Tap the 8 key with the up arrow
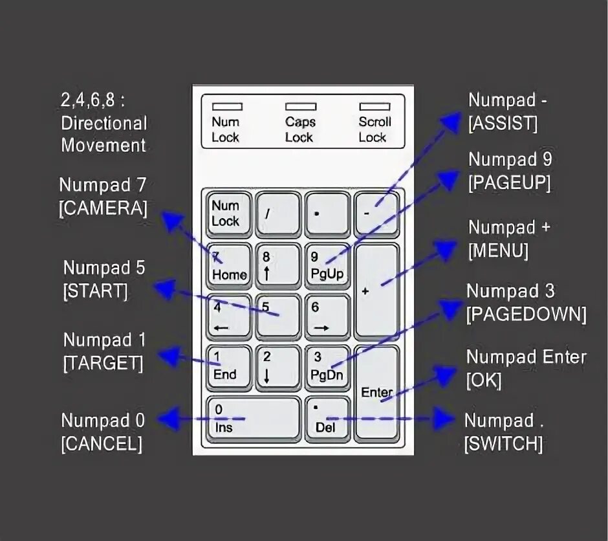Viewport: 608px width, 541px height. [278, 265]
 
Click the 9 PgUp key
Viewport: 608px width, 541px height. [327, 265]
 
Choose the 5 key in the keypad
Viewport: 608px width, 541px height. [278, 316]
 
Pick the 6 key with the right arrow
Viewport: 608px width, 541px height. [327, 316]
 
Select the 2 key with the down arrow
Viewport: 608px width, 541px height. [278, 366]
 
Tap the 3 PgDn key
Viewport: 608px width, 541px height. [327, 366]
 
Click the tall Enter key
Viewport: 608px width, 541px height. [377, 392]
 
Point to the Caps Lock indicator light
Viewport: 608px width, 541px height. [301, 106]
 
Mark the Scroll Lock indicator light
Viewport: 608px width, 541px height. [375, 106]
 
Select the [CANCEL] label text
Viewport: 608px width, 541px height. [102, 444]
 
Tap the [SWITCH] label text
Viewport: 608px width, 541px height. [503, 444]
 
